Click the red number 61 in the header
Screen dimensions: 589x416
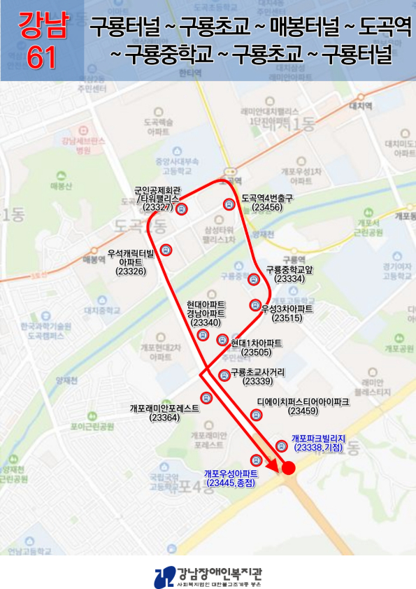(41, 58)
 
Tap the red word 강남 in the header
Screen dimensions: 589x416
(41, 26)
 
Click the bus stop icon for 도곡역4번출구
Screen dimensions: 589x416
(228, 204)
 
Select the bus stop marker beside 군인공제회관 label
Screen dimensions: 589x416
(181, 208)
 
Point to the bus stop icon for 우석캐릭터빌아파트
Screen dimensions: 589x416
(166, 250)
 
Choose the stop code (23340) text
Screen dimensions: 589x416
(206, 322)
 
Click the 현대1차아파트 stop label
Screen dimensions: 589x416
(256, 343)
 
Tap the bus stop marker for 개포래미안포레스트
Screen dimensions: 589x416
(206, 398)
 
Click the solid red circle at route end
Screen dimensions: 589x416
(287, 468)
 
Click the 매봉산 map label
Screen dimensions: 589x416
(62, 186)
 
